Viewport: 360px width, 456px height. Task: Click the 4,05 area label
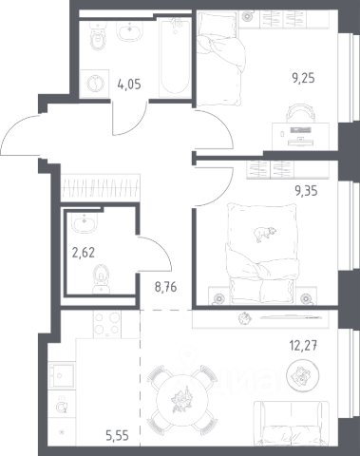tap(129, 85)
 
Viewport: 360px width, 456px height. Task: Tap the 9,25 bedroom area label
tap(303, 78)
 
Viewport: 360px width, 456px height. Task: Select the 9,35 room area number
tap(306, 191)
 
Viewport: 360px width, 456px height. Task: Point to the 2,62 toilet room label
tap(84, 253)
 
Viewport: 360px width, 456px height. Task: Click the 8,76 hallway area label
tap(165, 287)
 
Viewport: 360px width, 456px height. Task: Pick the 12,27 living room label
tap(303, 345)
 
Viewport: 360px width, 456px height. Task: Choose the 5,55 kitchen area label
tap(117, 436)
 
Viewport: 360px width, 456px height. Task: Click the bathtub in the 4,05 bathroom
tap(175, 57)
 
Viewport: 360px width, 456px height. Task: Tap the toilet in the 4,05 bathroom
tap(98, 36)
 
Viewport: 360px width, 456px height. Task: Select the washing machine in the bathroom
tap(94, 84)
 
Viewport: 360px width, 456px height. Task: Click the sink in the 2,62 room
tap(84, 223)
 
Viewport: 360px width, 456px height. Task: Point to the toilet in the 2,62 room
tap(101, 279)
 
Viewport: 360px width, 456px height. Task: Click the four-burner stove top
tap(107, 324)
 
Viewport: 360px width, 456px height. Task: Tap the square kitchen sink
tap(62, 375)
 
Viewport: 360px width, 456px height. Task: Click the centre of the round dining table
tap(182, 400)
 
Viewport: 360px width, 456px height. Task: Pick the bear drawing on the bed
tap(264, 234)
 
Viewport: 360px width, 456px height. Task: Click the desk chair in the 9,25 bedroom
tap(301, 113)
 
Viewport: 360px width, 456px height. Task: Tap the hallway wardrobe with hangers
tap(101, 187)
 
